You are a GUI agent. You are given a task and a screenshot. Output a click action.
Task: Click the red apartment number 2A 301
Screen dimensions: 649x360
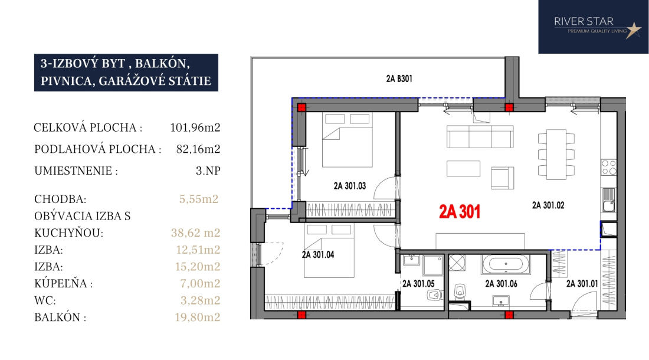[x=460, y=211]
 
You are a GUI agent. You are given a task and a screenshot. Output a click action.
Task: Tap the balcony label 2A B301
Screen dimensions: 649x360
[x=399, y=78]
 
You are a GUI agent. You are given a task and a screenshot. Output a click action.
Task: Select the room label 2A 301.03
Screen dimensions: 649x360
[x=350, y=186]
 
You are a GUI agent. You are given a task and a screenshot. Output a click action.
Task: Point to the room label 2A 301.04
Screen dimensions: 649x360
[x=318, y=255]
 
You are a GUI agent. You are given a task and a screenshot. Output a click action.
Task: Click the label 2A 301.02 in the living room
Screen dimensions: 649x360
[x=548, y=205]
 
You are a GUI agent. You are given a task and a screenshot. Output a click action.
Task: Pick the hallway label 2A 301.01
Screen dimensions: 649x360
[x=582, y=284]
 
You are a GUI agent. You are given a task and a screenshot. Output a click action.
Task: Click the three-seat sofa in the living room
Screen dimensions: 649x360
[x=480, y=136]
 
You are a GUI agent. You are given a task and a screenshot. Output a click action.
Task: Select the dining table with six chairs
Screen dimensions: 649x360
[x=556, y=155]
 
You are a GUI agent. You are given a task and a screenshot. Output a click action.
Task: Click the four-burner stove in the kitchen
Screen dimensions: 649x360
[x=609, y=167]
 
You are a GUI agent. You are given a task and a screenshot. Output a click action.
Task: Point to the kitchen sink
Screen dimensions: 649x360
[x=609, y=200]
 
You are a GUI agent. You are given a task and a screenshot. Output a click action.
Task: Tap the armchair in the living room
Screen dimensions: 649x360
[x=503, y=178]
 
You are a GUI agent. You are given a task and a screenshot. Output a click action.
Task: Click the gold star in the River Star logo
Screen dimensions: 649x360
[x=633, y=30]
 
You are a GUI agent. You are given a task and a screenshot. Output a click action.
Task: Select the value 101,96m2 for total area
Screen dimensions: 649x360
[x=195, y=127]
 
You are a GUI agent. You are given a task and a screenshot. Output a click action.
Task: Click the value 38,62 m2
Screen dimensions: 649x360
[x=195, y=233]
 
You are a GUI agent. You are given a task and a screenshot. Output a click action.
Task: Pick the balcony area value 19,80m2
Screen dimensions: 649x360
[x=198, y=318]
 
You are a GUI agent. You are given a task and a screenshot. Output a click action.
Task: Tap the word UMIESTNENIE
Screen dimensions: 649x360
[x=73, y=171]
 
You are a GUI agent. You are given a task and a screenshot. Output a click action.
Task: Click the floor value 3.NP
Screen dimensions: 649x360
[x=208, y=171]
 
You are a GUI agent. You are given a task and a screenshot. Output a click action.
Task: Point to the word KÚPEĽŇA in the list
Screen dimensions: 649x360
[x=61, y=283]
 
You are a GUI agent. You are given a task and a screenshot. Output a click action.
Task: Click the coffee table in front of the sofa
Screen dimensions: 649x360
[x=463, y=169]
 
